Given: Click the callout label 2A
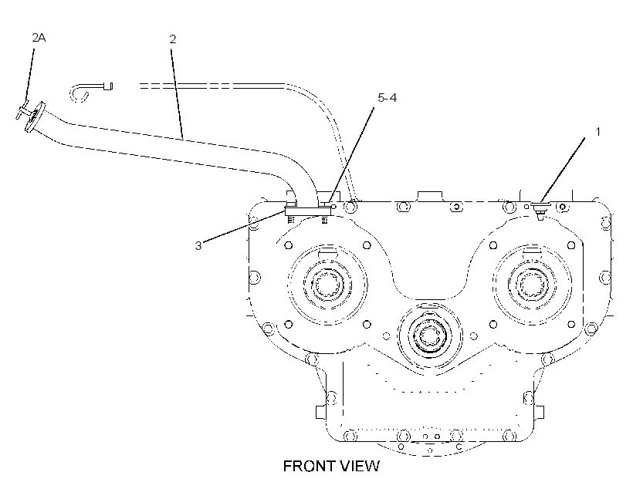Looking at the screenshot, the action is click(39, 38).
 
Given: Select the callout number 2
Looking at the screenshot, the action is click(173, 39).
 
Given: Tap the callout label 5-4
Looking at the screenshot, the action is click(388, 98).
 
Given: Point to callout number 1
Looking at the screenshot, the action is click(598, 132).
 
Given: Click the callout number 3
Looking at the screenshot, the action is click(198, 246).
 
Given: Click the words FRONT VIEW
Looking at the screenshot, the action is click(331, 466).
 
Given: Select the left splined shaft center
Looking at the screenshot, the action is click(327, 285).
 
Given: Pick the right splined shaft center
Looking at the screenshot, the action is click(532, 285).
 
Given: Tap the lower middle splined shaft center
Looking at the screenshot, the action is click(430, 336).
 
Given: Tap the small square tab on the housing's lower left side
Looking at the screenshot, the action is click(320, 412).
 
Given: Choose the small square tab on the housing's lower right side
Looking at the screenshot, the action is click(540, 412).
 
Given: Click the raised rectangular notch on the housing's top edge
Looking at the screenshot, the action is click(429, 196).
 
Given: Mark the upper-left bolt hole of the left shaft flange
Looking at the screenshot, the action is click(288, 245).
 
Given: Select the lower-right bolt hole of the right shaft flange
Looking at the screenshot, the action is click(571, 325).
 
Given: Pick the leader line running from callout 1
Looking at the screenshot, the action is click(562, 170).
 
